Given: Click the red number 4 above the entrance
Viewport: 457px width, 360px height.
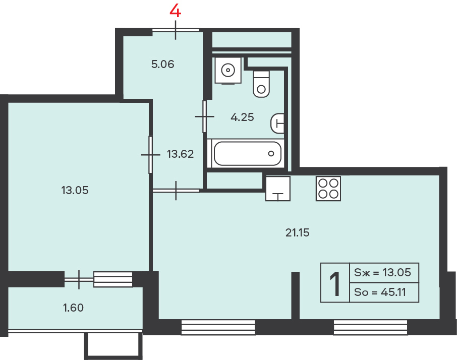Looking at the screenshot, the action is coord(176,12).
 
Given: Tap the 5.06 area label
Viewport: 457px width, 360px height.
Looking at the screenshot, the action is coord(162,64).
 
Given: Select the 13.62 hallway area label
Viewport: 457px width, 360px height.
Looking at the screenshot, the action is coord(180,154).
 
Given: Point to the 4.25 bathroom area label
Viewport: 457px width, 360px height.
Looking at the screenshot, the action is coord(242,117).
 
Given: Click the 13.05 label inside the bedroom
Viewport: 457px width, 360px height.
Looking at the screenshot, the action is coord(75,190).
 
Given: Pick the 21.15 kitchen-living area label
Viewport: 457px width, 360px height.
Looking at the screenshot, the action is coord(297,233).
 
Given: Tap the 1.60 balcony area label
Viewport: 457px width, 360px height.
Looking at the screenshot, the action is coord(74,308).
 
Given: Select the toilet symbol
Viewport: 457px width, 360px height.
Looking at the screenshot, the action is coord(261,84).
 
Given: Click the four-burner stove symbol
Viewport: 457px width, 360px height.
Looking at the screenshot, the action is coord(328,189).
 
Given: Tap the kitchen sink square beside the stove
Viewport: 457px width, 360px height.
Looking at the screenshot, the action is coord(278,189).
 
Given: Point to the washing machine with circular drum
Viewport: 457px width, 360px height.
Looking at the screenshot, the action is coord(228,71).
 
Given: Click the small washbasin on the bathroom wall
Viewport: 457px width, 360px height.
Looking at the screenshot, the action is coord(278,123).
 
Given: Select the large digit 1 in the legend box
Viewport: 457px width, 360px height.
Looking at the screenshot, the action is coord(335,284).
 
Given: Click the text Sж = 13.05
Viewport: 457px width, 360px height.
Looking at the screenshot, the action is coord(382,273).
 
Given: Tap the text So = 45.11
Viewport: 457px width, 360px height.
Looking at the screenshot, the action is coord(380,292).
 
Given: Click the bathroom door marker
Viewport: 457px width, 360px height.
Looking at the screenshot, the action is coord(205,116).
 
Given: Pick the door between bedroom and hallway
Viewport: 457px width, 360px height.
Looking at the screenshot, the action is coord(150,155).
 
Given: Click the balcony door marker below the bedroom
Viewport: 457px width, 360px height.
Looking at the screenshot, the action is coord(79,280).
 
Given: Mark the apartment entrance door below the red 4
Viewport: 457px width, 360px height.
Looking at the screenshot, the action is coord(176,30).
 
